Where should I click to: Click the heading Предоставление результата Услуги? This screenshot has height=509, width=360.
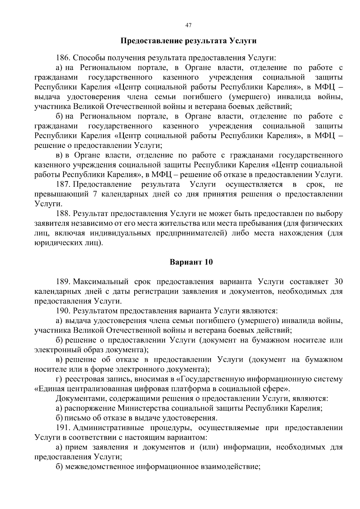point(188,41)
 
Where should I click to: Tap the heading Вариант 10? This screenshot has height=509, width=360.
point(191,262)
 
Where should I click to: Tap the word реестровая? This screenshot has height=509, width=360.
point(82,379)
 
